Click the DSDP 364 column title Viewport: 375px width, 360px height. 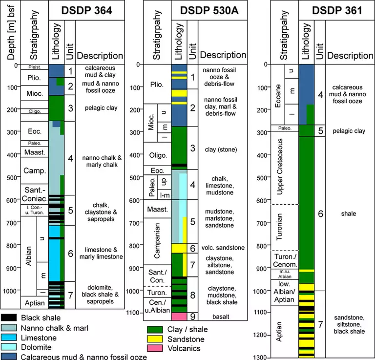(87, 11)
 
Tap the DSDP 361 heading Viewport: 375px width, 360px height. (336, 11)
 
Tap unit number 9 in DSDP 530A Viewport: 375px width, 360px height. (193, 317)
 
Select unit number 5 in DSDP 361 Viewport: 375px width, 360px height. (320, 131)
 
